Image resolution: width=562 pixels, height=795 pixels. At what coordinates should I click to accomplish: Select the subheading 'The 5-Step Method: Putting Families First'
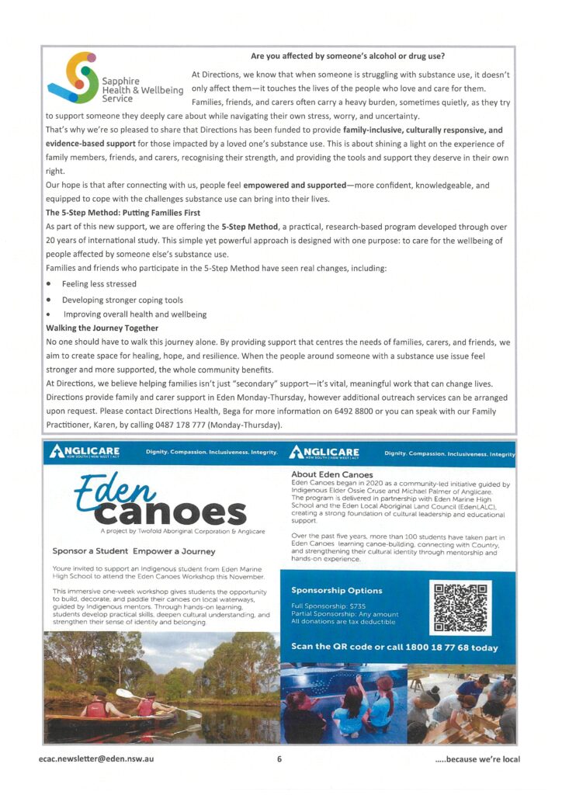[x=123, y=212]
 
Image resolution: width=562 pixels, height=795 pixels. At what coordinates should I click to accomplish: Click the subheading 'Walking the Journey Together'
[x=102, y=328]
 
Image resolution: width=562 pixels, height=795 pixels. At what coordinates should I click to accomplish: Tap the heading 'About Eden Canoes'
[x=331, y=474]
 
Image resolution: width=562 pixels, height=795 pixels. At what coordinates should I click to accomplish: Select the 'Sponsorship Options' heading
[x=336, y=590]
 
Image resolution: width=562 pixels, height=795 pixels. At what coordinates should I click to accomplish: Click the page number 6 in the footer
[x=279, y=759]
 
